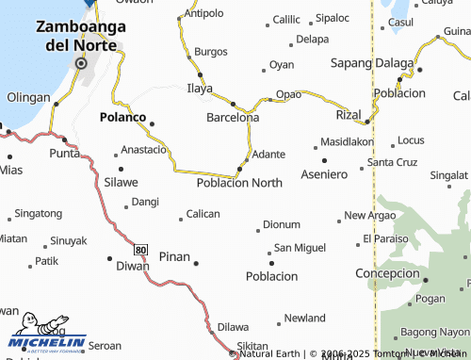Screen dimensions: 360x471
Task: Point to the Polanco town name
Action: click(x=122, y=118)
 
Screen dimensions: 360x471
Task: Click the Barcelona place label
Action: click(x=233, y=118)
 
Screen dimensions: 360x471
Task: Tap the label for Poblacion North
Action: click(x=238, y=183)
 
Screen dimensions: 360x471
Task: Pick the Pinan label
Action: click(x=174, y=256)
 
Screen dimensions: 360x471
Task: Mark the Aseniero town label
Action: click(x=324, y=175)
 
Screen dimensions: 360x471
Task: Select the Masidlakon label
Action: click(x=347, y=141)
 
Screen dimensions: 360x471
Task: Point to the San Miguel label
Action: click(x=300, y=248)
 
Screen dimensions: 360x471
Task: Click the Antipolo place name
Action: click(x=204, y=14)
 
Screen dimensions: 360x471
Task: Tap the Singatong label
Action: click(x=39, y=214)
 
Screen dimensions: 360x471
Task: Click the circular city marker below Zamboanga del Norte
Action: click(x=81, y=64)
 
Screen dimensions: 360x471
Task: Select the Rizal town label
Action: click(x=349, y=114)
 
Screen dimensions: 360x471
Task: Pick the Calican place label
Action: click(x=203, y=214)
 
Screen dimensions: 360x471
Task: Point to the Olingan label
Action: click(x=28, y=97)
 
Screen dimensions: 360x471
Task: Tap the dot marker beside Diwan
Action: click(x=108, y=257)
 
